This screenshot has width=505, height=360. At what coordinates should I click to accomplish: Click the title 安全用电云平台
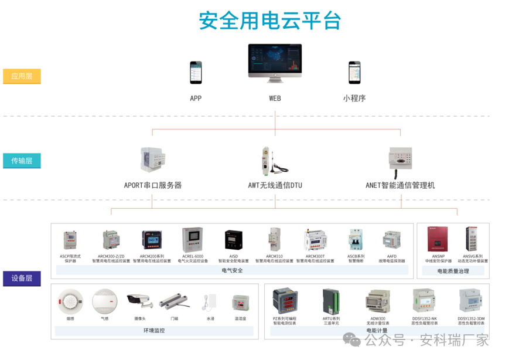(269, 21)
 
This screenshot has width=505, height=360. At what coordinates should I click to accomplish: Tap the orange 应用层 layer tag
(22, 76)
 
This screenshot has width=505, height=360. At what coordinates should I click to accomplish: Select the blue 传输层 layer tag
(22, 161)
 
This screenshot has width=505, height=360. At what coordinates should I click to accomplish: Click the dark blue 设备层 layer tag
(22, 279)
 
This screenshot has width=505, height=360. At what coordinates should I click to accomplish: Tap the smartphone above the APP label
(195, 72)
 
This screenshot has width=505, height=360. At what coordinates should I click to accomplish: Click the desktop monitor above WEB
(275, 64)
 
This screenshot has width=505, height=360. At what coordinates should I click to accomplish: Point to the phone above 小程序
(354, 72)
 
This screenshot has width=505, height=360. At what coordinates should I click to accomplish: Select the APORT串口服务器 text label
(153, 185)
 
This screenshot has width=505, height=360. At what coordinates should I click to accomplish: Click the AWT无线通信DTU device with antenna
(271, 161)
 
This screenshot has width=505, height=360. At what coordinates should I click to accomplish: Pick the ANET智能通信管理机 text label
(400, 185)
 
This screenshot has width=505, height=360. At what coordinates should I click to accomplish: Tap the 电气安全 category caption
(232, 270)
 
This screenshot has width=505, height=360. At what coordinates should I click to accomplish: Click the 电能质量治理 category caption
(453, 271)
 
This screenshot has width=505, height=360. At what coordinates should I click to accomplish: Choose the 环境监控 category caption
(153, 331)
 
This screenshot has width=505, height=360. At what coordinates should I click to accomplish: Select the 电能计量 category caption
(376, 331)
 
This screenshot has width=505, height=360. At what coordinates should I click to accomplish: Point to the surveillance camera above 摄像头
(139, 301)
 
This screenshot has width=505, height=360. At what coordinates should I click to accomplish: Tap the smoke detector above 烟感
(70, 302)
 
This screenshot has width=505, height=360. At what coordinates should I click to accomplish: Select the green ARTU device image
(331, 301)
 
